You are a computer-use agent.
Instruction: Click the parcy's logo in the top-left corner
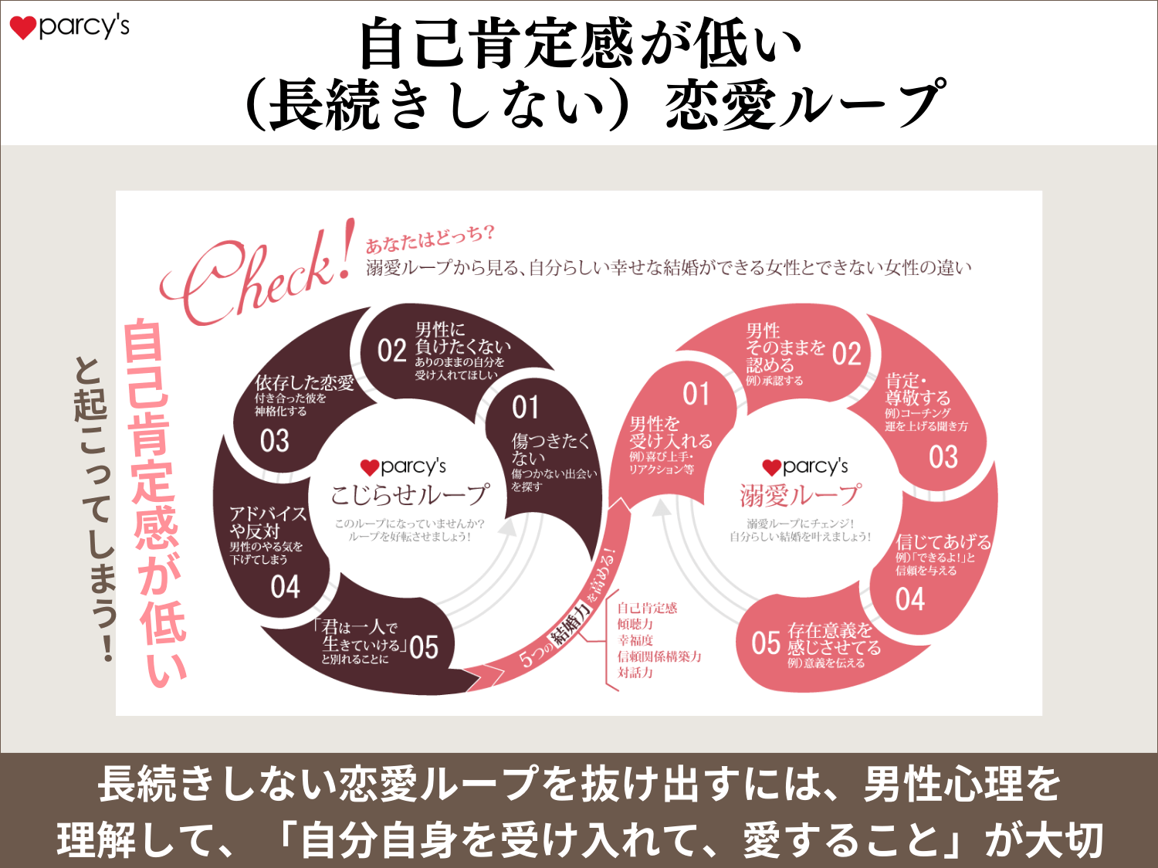(69, 26)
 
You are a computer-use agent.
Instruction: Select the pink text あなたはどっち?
(429, 239)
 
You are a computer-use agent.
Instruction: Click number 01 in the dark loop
(526, 408)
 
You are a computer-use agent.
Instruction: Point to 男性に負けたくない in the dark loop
(462, 338)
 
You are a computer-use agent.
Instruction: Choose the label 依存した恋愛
(304, 383)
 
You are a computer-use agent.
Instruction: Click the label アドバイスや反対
(267, 522)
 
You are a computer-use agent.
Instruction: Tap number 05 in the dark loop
(424, 647)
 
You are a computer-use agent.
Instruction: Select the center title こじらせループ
(409, 495)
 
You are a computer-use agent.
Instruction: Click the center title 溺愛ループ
(801, 495)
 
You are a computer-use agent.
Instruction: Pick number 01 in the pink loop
(696, 395)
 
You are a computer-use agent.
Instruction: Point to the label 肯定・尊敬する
(918, 389)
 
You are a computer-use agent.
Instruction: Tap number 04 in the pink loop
(910, 599)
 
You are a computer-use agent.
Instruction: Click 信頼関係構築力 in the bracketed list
(659, 656)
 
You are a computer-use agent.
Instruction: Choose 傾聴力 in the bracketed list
(635, 624)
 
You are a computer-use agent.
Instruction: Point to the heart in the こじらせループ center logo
(370, 467)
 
